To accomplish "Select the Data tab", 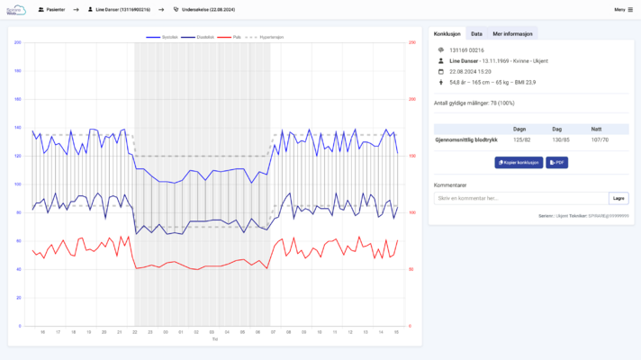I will point(476,33).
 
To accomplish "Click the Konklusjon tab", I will point(447,33).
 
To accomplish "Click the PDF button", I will point(556,163).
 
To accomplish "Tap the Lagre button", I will point(618,198).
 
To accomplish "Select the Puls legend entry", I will point(233,37).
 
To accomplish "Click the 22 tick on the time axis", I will point(134,332).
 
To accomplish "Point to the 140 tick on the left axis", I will point(18,127).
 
